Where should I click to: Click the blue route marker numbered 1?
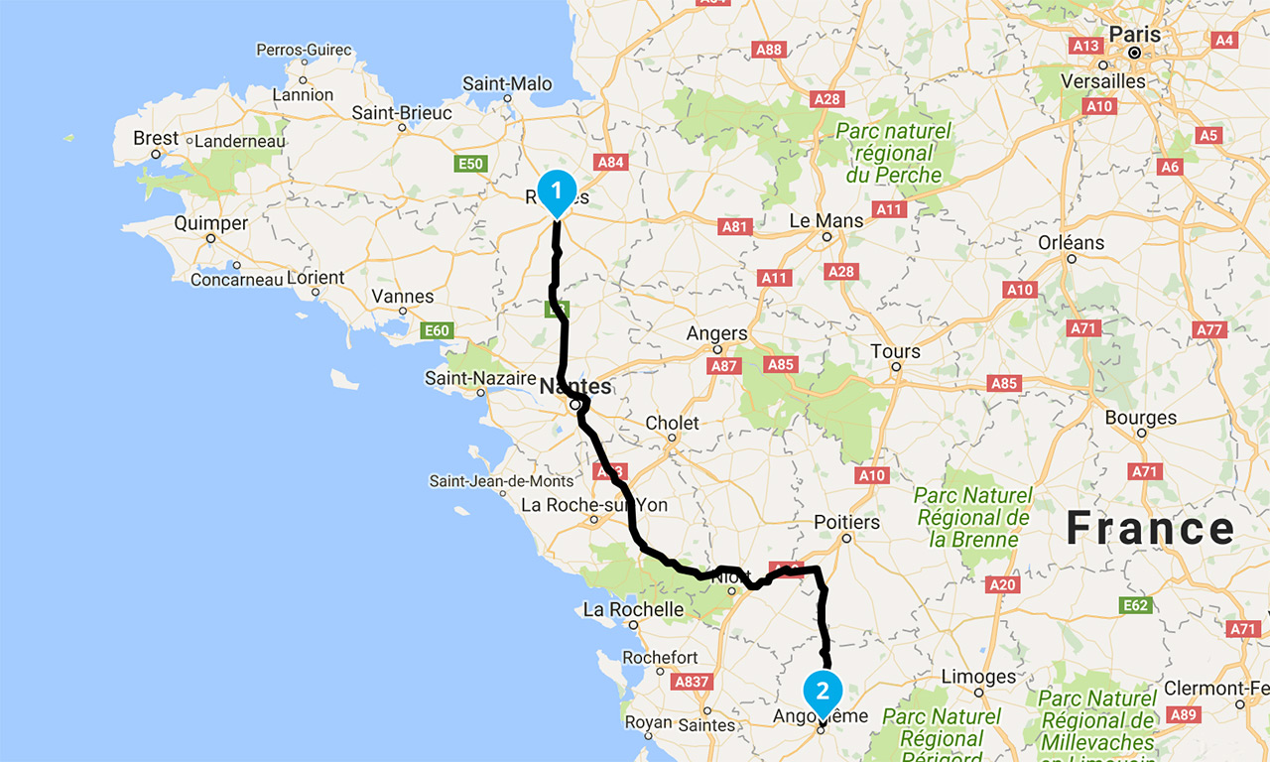tap(557, 190)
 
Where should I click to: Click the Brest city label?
tap(156, 139)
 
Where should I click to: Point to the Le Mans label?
tap(825, 220)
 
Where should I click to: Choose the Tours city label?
tap(895, 351)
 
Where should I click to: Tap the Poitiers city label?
tap(846, 522)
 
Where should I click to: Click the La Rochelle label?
tap(633, 609)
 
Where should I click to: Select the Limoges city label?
tap(979, 677)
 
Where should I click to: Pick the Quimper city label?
tap(210, 223)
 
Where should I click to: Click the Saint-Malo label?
tap(507, 84)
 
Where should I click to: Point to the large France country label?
tap(1151, 530)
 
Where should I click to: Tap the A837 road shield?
tap(691, 682)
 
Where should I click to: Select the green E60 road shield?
tap(437, 330)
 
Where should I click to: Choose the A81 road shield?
tap(735, 227)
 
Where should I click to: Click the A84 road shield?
tap(611, 162)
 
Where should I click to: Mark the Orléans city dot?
tap(1072, 259)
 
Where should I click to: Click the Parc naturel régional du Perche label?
tap(892, 153)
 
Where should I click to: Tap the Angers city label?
tap(716, 334)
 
